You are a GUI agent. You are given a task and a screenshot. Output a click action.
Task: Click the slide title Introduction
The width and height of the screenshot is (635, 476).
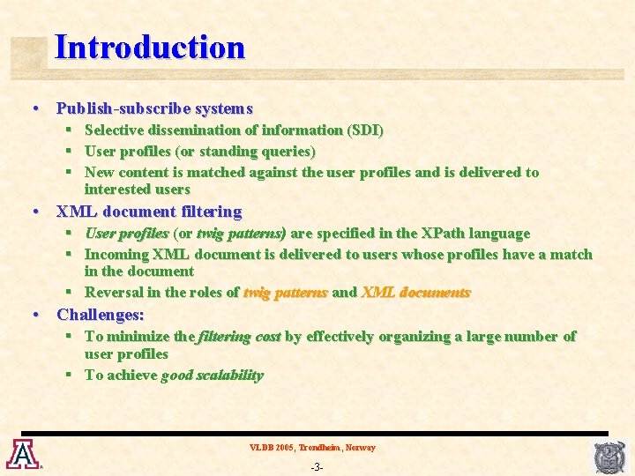[149, 47]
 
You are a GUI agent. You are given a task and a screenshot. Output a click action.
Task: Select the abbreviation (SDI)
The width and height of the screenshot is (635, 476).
[365, 130]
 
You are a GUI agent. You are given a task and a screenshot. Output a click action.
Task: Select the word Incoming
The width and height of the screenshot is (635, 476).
[117, 255]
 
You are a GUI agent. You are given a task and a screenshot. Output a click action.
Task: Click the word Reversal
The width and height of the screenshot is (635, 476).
[115, 293]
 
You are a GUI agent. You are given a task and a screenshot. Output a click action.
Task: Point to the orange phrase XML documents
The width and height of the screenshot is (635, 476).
[415, 293]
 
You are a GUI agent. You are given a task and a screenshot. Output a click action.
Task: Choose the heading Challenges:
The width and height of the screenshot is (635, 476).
[101, 315]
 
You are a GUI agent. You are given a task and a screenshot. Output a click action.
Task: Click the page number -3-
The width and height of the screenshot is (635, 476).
[317, 466]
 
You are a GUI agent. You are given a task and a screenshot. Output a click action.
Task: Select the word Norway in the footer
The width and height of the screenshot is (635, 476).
[360, 448]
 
